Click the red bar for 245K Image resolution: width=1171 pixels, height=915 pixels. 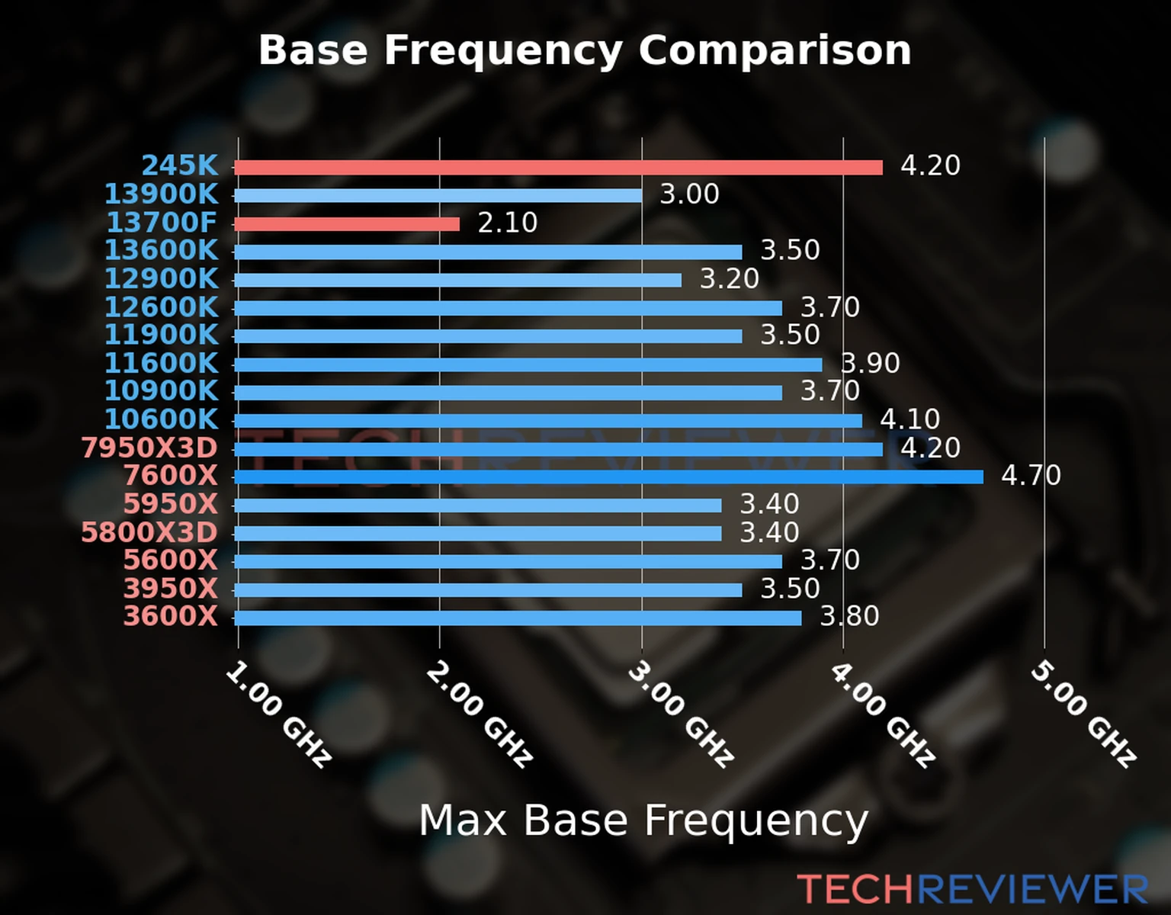[x=558, y=167]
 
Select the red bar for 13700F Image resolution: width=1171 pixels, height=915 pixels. [x=347, y=223]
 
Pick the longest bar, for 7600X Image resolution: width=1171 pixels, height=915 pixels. [x=608, y=477]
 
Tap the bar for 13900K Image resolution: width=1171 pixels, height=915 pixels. [x=438, y=195]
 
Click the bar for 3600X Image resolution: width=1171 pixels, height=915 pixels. [x=518, y=618]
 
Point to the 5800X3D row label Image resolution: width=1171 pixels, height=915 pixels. [x=149, y=532]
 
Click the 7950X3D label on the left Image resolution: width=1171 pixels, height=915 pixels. [x=149, y=448]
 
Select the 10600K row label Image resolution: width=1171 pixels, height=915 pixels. [x=161, y=419]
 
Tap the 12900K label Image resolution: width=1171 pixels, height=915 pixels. [x=161, y=279]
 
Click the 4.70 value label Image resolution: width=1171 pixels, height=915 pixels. [x=1031, y=476]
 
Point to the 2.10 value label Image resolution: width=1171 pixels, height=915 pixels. [x=507, y=223]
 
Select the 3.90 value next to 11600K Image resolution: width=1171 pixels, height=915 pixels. [x=870, y=363]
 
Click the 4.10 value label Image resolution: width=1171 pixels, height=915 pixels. [x=910, y=419]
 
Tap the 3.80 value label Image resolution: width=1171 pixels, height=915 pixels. [x=849, y=616]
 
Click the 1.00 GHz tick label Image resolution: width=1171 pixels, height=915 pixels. [x=278, y=714]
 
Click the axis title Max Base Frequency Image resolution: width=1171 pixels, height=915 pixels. [x=643, y=820]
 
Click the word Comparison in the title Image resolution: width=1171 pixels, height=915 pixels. [x=775, y=50]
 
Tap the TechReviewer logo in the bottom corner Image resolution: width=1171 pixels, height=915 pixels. [x=972, y=889]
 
